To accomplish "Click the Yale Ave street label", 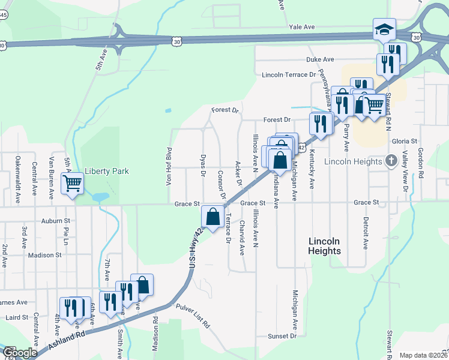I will click(x=301, y=28).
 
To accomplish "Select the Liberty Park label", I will click(x=107, y=171).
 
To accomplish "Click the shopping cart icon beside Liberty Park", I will click(x=72, y=183).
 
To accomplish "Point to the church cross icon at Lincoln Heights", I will click(x=391, y=161).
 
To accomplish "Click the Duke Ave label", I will click(x=320, y=60).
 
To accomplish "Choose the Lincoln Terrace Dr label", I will click(x=289, y=75).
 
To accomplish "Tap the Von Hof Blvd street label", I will click(x=170, y=166).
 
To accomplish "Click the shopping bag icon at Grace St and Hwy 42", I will click(x=213, y=217).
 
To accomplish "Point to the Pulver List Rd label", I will click(x=193, y=316).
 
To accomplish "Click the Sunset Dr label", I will click(x=282, y=336).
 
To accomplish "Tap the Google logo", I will click(x=19, y=353).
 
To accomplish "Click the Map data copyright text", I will click(x=423, y=355).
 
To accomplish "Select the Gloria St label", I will click(x=404, y=141).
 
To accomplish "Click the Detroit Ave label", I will click(x=365, y=233).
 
